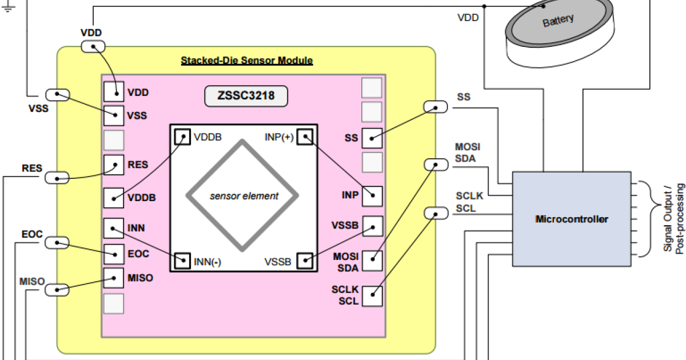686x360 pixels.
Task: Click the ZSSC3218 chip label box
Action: pos(246,96)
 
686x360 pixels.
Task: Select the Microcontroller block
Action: pos(572,219)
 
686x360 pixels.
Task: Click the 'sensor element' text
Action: pos(244,196)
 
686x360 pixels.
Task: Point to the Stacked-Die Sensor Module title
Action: pos(246,60)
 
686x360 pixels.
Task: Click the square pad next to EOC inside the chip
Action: pos(114,254)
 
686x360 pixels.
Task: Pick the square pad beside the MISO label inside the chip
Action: pos(114,278)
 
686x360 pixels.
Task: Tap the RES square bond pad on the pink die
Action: pos(114,165)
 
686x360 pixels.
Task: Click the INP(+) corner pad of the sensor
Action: pos(305,137)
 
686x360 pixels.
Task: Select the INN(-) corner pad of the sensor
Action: pos(183,261)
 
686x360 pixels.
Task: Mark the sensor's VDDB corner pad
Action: pos(182,137)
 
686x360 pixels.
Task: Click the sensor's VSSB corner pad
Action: pos(305,261)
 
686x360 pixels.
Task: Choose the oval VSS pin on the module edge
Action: pos(57,95)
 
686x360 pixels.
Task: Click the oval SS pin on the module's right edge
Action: pos(436,106)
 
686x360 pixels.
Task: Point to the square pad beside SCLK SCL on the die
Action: pos(372,295)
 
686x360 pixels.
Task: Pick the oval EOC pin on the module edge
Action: pos(57,242)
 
